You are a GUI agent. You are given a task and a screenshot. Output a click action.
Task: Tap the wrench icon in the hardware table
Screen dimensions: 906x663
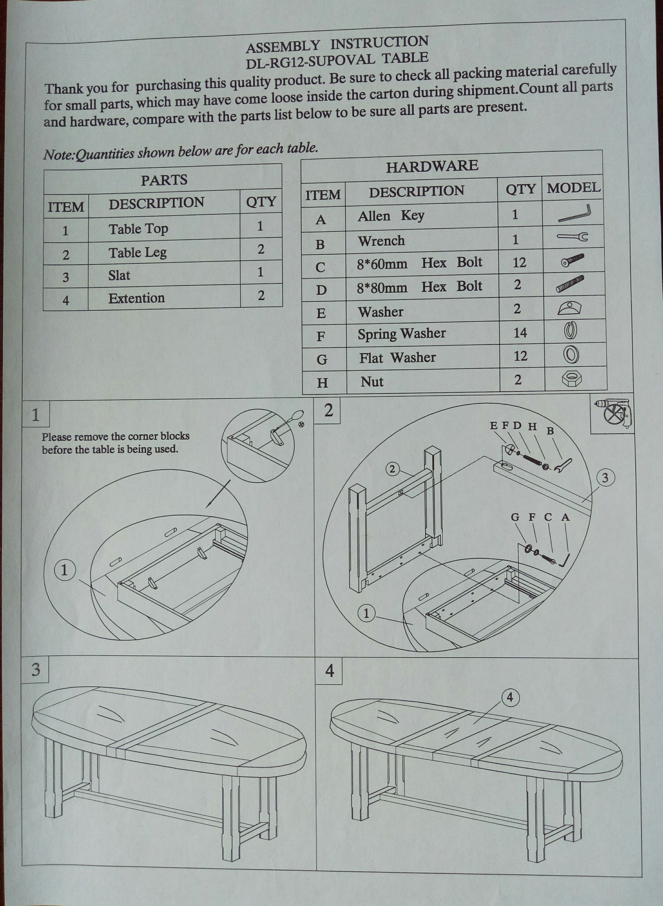pyautogui.click(x=573, y=237)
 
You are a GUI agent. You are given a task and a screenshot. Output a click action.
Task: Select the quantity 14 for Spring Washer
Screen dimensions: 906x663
pyautogui.click(x=520, y=333)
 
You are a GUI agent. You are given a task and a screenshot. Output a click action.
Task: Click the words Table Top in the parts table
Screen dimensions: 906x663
pyautogui.click(x=138, y=229)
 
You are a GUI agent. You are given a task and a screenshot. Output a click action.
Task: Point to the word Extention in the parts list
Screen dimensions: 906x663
pyautogui.click(x=136, y=298)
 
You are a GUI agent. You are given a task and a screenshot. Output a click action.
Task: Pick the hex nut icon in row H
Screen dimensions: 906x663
pyautogui.click(x=572, y=379)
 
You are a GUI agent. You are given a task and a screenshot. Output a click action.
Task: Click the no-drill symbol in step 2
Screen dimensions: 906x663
pyautogui.click(x=613, y=415)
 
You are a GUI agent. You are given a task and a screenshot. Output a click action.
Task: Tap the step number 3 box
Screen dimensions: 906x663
pyautogui.click(x=35, y=670)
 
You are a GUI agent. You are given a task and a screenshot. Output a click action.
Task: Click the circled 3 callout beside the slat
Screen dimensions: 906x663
pyautogui.click(x=605, y=477)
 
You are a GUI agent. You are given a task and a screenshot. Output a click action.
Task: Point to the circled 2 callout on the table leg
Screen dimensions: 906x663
pyautogui.click(x=393, y=469)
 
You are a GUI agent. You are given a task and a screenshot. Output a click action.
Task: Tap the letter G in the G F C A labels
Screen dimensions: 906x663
pyautogui.click(x=515, y=518)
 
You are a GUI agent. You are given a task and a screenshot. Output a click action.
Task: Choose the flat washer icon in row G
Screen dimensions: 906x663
pyautogui.click(x=571, y=355)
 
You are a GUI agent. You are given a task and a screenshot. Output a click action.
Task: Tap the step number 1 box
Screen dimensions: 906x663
pyautogui.click(x=35, y=415)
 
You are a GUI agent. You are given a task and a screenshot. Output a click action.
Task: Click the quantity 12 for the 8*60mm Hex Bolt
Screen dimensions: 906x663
pyautogui.click(x=519, y=262)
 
